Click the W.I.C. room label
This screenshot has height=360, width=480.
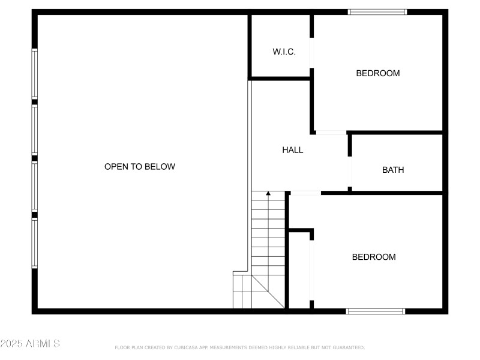point(284,52)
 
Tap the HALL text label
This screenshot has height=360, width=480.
point(293,150)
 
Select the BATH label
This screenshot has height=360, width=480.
point(393,170)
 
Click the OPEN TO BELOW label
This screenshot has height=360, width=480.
point(140,167)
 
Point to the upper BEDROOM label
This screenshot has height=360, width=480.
point(378,74)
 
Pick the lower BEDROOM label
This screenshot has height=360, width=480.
point(374,257)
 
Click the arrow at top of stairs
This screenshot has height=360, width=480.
point(268,194)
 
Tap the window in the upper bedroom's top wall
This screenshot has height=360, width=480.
point(378,12)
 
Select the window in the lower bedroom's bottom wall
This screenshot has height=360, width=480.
point(376,311)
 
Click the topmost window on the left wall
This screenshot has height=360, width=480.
point(35,73)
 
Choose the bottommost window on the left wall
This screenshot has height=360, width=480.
point(35,243)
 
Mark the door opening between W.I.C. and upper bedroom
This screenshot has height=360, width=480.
point(311,54)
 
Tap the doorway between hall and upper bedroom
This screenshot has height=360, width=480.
point(331,132)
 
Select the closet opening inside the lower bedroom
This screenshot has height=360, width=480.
point(311,270)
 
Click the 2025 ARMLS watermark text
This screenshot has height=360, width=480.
point(30,344)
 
